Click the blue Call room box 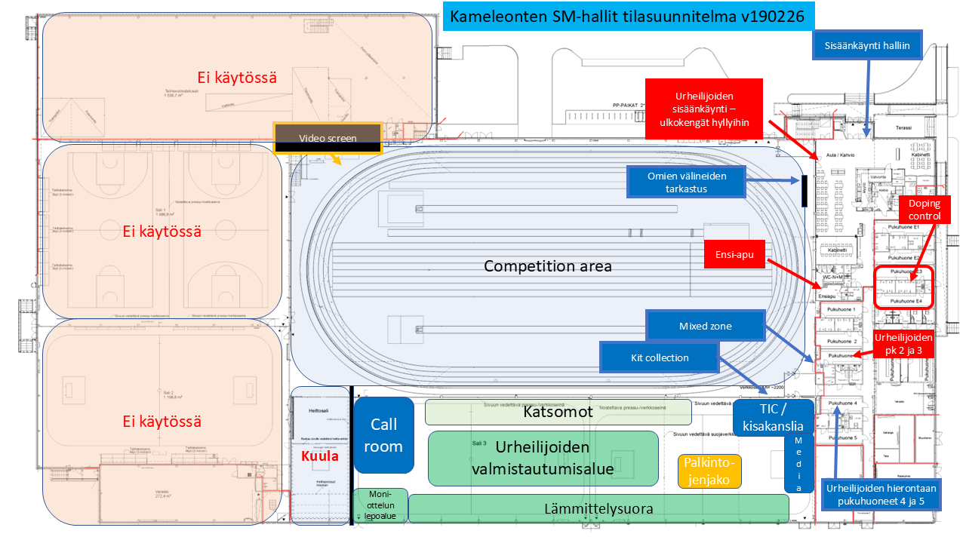pyautogui.click(x=383, y=435)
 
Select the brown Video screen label pyautogui.click(x=328, y=138)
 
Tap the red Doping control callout pyautogui.click(x=924, y=210)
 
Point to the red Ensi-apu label pyautogui.click(x=735, y=255)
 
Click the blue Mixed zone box pyautogui.click(x=706, y=327)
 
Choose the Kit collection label pyautogui.click(x=660, y=357)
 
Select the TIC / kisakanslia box pyautogui.click(x=773, y=418)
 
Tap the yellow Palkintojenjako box pyautogui.click(x=709, y=471)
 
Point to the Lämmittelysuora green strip pyautogui.click(x=598, y=509)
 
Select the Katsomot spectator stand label pyautogui.click(x=558, y=413)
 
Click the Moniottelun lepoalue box pyautogui.click(x=380, y=505)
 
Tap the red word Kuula pyautogui.click(x=320, y=456)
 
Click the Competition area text pyautogui.click(x=547, y=266)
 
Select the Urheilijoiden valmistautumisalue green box pyautogui.click(x=543, y=459)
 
